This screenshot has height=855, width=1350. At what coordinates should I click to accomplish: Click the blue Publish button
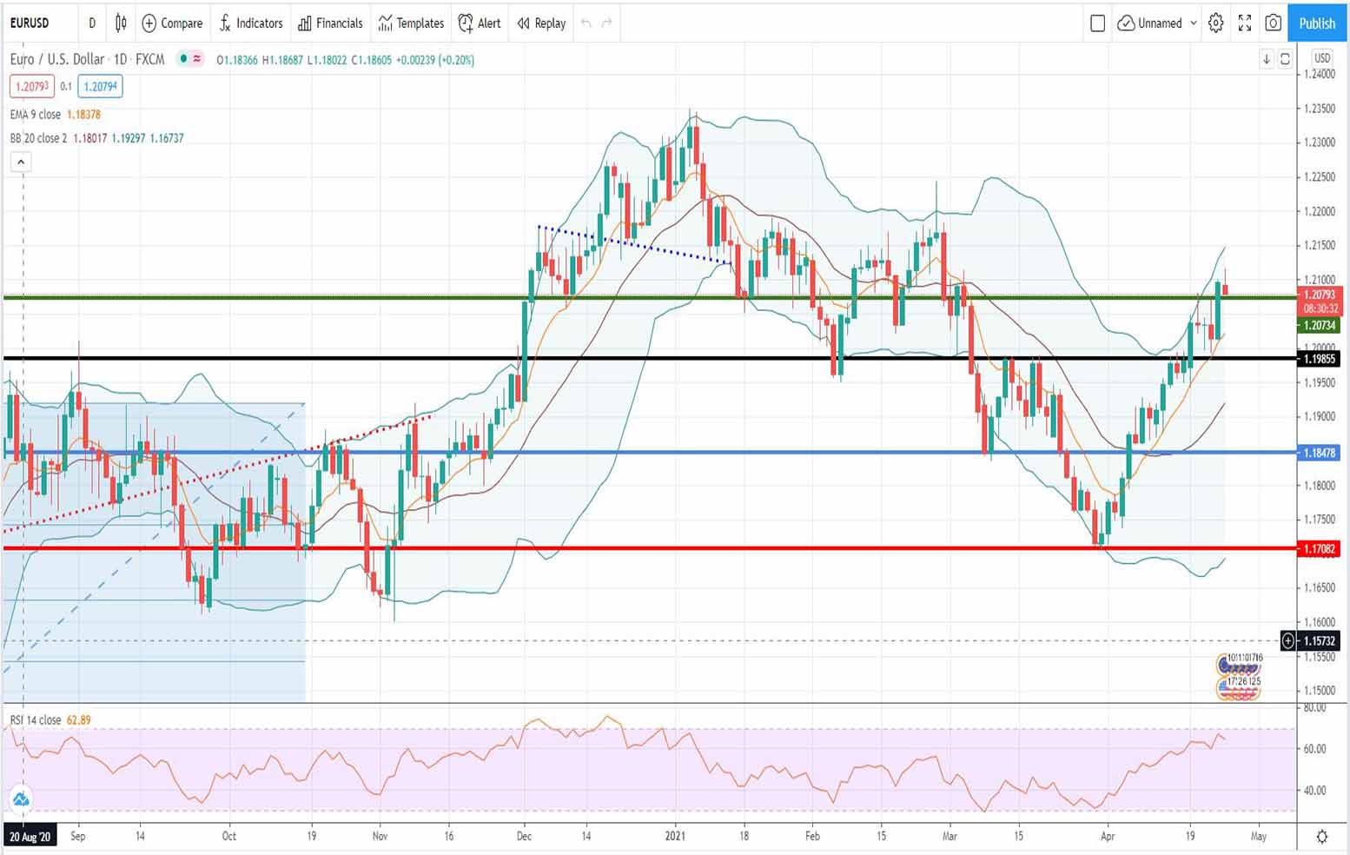click(x=1317, y=23)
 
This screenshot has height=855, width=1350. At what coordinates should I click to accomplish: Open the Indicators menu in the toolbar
click(x=251, y=23)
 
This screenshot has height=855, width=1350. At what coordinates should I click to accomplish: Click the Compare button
click(x=172, y=23)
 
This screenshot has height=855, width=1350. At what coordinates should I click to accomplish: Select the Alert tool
click(x=480, y=23)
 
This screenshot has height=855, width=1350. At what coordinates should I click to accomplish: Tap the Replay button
click(x=541, y=23)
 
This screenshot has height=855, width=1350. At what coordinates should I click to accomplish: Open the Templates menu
click(x=411, y=23)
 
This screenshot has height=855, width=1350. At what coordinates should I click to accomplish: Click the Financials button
click(x=330, y=23)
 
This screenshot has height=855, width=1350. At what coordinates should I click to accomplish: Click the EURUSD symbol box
click(x=30, y=23)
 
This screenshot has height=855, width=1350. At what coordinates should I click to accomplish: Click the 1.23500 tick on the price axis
click(x=1319, y=109)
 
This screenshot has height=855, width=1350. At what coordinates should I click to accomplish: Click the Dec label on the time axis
click(x=524, y=836)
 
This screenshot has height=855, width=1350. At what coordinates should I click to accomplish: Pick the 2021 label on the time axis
click(x=675, y=836)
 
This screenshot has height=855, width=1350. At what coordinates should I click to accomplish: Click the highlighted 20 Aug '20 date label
click(x=30, y=836)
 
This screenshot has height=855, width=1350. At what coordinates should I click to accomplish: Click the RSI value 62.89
click(x=78, y=720)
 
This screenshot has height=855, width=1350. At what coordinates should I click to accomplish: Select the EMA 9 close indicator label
click(x=36, y=115)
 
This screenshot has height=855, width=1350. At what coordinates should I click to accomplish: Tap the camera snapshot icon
click(x=1273, y=23)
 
